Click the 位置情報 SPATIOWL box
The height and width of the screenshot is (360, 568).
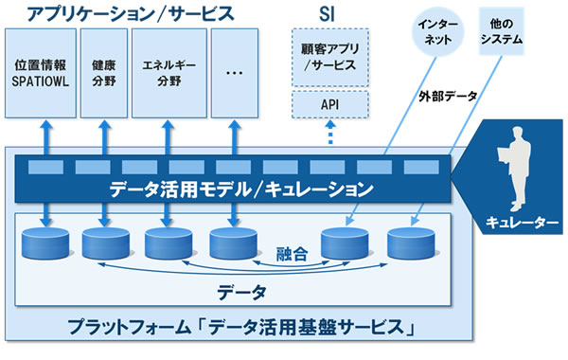[x=39, y=76]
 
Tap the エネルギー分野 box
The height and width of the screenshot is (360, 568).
[x=166, y=76]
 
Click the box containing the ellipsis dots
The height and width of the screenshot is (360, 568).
[x=234, y=76]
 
